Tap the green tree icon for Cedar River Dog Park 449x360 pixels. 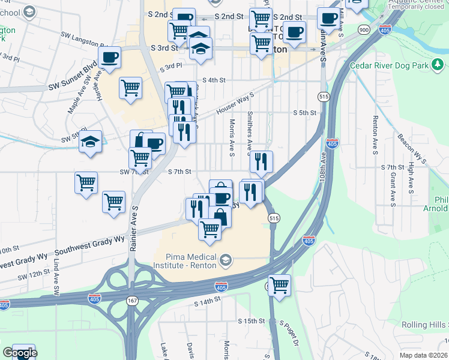coord(439,64)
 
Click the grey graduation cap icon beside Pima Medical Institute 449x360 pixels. coord(225,259)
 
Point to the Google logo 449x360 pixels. coord(19,353)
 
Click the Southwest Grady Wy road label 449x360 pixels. coord(89,245)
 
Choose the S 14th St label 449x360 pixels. coord(208,304)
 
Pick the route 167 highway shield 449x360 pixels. coord(131,301)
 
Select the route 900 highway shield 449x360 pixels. coord(364,29)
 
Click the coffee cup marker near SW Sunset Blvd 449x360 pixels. coord(109,58)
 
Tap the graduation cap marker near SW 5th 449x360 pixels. coord(90,142)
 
